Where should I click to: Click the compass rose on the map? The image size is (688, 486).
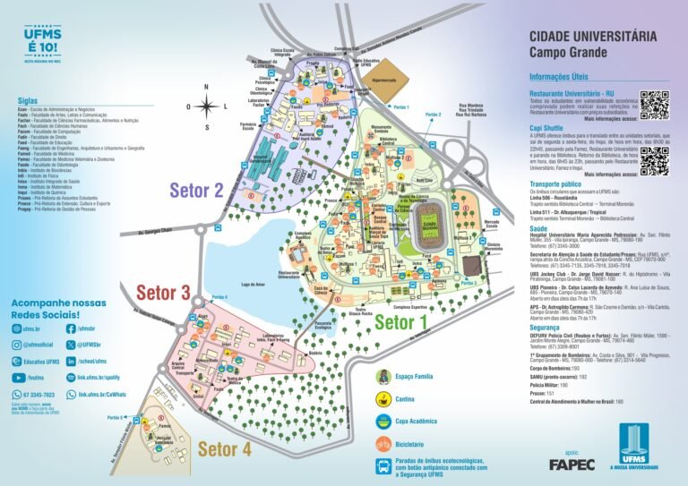tap(206, 107)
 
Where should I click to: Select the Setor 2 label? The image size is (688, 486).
tap(196, 190)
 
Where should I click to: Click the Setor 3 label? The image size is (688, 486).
tap(162, 292)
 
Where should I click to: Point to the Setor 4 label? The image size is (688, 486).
tap(224, 448)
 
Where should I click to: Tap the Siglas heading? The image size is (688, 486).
tap(26, 100)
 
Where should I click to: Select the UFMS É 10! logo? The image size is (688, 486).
tap(43, 39)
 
